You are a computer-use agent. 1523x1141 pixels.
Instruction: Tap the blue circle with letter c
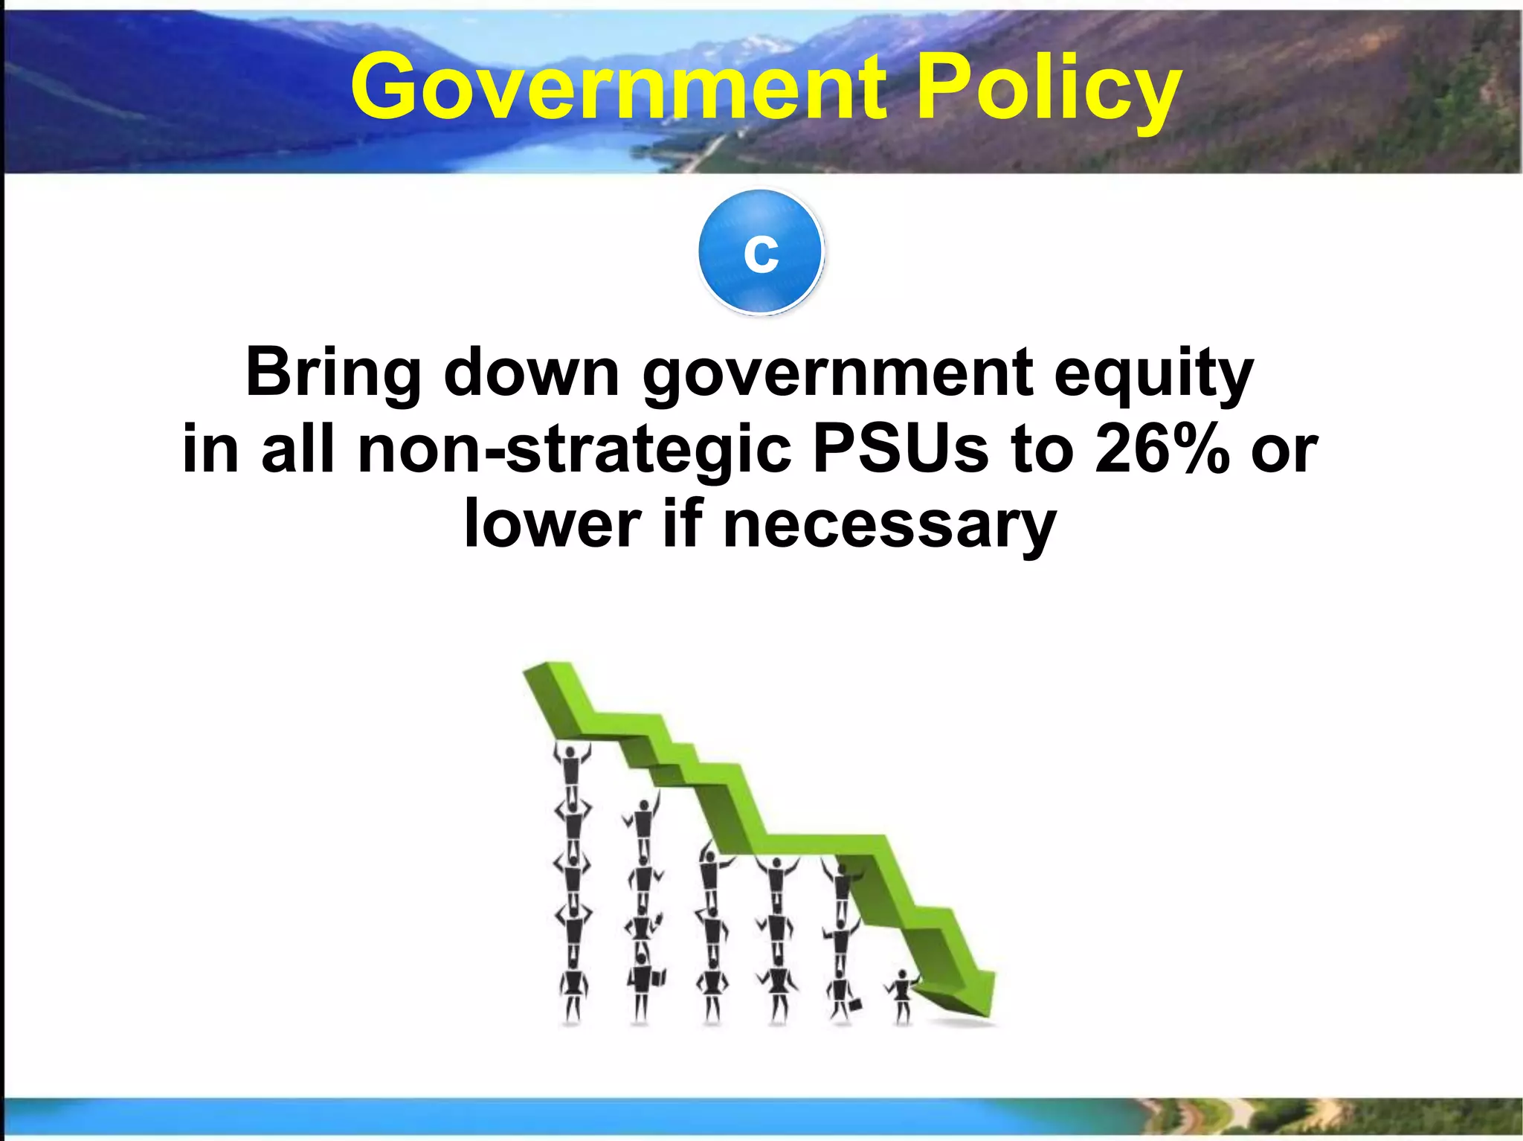tap(761, 252)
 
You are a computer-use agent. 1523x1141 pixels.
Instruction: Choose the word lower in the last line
tap(552, 525)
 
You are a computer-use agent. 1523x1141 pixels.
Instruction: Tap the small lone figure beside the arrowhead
tap(902, 996)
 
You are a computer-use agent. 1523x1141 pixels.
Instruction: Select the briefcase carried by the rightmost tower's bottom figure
tap(855, 1005)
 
